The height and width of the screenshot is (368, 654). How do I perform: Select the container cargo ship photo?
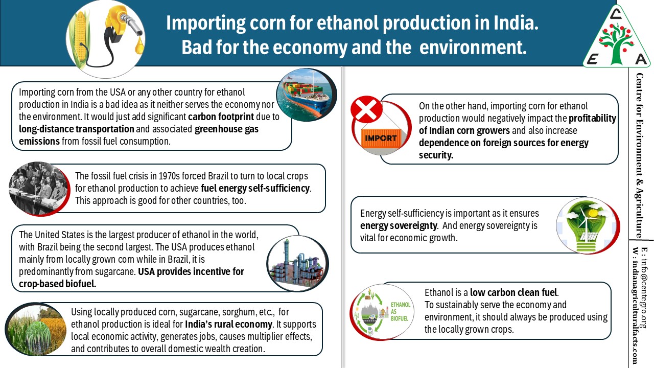pos(307,95)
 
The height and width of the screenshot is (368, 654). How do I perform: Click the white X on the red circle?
pos(366,109)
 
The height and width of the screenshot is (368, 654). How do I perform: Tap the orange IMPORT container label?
pos(381,138)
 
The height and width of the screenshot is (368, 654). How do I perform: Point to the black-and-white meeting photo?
pos(39,189)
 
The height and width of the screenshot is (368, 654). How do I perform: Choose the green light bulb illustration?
pos(588,225)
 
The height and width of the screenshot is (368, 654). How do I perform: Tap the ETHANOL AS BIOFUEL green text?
pos(401,311)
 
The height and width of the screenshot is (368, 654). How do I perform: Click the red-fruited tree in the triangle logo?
pos(617,43)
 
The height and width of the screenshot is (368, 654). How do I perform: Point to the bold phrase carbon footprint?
pos(221,117)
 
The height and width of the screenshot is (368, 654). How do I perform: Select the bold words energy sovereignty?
pos(399,226)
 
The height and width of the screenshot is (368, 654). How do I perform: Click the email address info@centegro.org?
pos(644,287)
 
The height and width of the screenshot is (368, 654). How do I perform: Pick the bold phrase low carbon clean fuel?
pos(513,292)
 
